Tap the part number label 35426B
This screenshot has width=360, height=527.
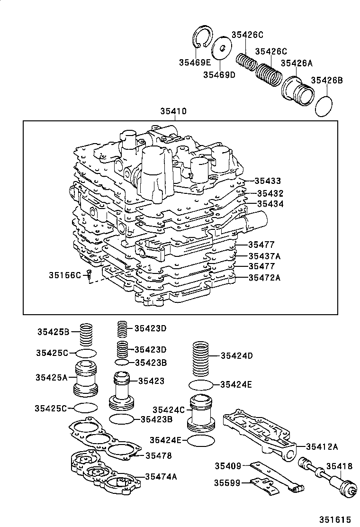(x=326, y=80)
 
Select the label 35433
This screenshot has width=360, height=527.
(x=267, y=181)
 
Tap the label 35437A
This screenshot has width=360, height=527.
(x=264, y=256)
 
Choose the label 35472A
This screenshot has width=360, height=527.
(x=264, y=278)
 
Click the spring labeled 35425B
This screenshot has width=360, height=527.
(x=86, y=335)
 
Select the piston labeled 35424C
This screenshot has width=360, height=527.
(x=201, y=412)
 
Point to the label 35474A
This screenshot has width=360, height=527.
(x=161, y=477)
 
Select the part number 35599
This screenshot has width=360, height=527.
(x=227, y=482)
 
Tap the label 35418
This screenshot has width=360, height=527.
(x=340, y=466)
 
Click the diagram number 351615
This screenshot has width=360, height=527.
(x=335, y=519)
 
